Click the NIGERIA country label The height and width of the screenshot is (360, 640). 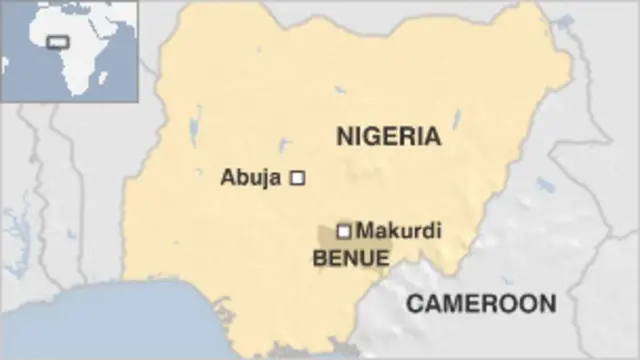[x=388, y=136]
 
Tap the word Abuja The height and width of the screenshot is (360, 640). [x=250, y=179]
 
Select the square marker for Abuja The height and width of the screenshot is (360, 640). [x=296, y=178]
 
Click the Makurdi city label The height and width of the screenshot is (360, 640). [x=399, y=230]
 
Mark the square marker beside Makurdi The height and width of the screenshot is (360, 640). [x=343, y=231]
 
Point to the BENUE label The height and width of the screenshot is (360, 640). [x=351, y=258]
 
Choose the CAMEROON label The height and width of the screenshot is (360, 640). [x=481, y=303]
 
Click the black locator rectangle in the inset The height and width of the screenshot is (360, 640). [x=58, y=43]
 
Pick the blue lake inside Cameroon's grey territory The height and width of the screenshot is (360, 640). [x=545, y=186]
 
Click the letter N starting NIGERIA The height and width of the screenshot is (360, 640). [x=345, y=136]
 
